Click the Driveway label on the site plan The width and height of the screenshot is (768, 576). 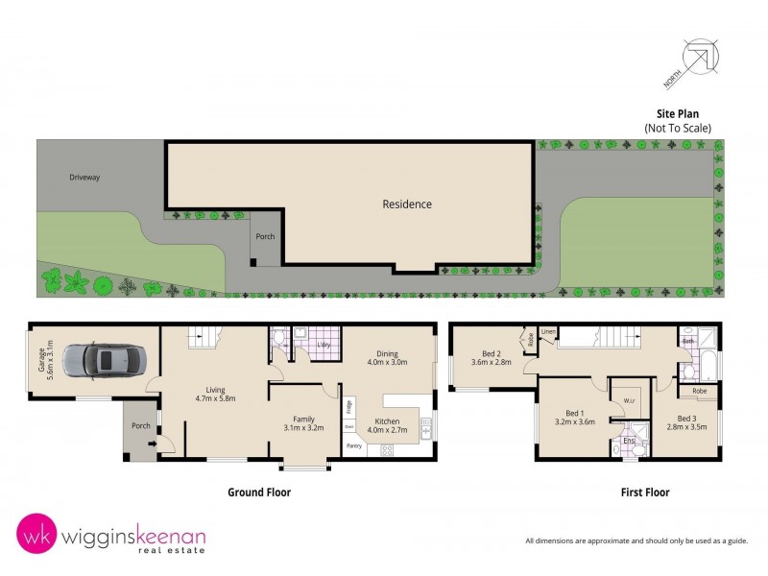click(84, 178)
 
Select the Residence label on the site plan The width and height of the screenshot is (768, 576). click(407, 204)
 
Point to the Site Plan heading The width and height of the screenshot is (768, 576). click(678, 112)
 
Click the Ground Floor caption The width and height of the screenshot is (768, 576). click(258, 492)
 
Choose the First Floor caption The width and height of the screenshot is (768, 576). click(644, 492)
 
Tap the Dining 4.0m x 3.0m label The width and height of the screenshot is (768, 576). click(387, 357)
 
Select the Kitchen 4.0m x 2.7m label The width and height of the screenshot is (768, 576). click(387, 425)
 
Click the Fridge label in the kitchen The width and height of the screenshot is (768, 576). click(350, 405)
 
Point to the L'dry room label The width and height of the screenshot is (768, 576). click(324, 344)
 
